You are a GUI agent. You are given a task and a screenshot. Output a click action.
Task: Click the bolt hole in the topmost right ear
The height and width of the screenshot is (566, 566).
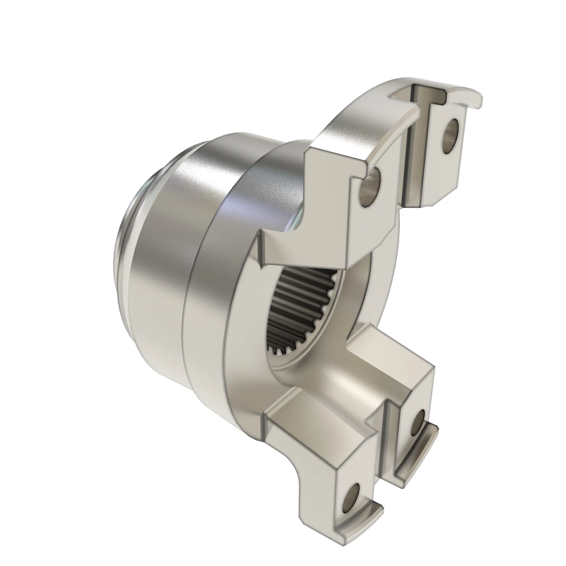[451, 136]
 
